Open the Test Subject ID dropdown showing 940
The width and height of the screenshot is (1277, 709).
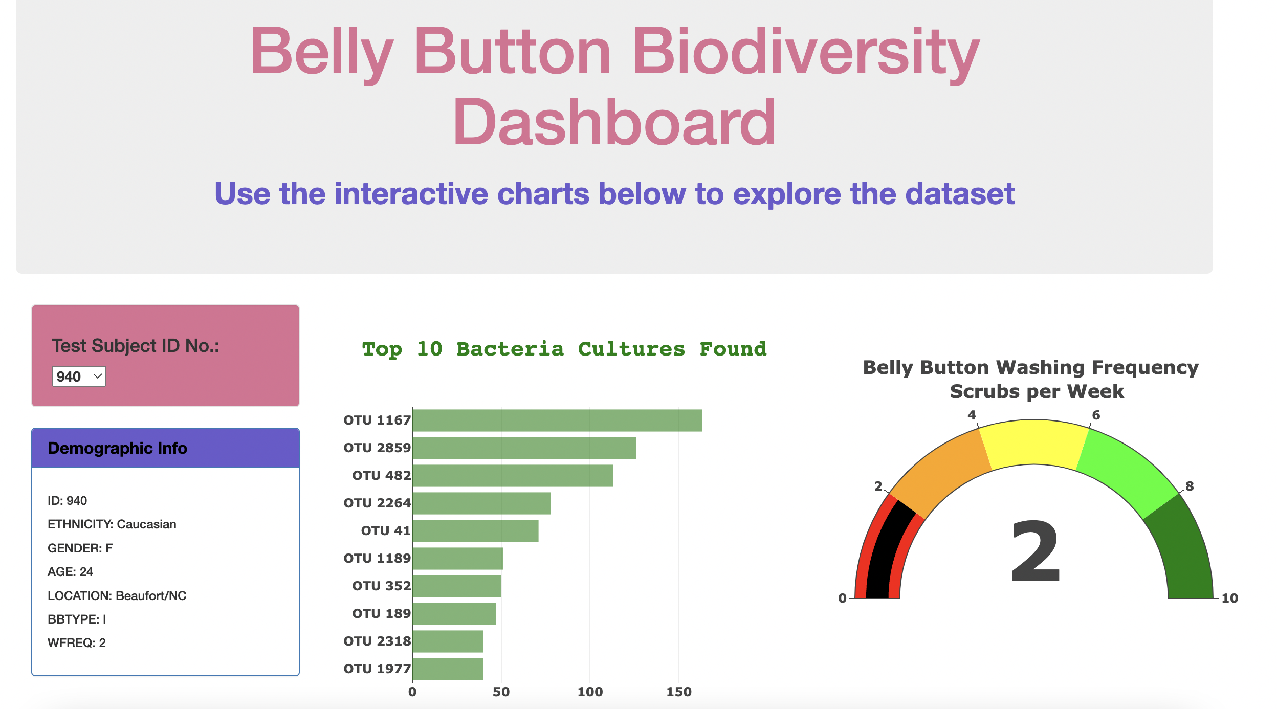click(x=79, y=376)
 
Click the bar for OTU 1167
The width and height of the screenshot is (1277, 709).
click(x=557, y=420)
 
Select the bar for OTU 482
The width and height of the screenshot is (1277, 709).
click(x=512, y=476)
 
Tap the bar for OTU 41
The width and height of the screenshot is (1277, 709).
click(x=475, y=531)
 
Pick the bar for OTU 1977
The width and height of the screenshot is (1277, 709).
click(x=448, y=669)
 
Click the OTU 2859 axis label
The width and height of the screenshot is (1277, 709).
click(x=377, y=448)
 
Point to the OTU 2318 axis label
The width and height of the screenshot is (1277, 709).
click(x=377, y=641)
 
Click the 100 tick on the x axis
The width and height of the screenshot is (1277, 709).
click(x=590, y=692)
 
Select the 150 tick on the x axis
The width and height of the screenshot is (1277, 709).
click(x=678, y=692)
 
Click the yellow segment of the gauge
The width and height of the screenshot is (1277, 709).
click(x=1033, y=442)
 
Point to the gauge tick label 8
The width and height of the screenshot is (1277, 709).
click(x=1190, y=486)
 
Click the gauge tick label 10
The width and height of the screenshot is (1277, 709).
click(x=1229, y=599)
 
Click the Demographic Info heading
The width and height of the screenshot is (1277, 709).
click(x=117, y=449)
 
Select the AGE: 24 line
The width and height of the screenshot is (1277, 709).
click(x=70, y=572)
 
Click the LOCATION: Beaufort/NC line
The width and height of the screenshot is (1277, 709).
click(x=117, y=596)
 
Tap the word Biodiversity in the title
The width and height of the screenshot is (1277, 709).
click(x=805, y=51)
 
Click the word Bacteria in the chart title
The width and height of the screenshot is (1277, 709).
click(x=510, y=349)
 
